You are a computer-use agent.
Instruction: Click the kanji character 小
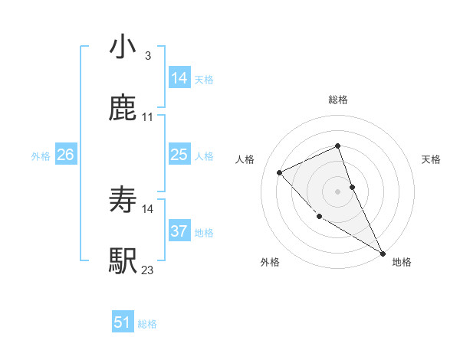point(123,47)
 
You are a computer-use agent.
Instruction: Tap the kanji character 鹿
point(123,109)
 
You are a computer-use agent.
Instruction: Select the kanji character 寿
point(123,201)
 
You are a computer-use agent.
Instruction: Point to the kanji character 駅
point(123,261)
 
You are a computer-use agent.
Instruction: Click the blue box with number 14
point(179,77)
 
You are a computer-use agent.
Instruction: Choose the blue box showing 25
point(179,155)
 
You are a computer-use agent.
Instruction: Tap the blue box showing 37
point(179,231)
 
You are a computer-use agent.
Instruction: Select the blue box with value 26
point(66,155)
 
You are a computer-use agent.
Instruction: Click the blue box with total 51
point(123,322)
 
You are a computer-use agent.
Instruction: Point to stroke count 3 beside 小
point(147,56)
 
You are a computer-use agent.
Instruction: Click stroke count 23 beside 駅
point(147,270)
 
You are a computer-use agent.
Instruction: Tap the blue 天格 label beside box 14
point(204,79)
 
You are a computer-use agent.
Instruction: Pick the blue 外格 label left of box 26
point(41,156)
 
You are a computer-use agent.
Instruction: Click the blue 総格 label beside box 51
point(147,324)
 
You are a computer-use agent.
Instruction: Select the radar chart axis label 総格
point(338,100)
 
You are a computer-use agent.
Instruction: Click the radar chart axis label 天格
point(432,159)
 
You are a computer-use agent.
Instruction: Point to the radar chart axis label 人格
point(245,159)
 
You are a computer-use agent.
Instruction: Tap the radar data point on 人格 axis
point(280,172)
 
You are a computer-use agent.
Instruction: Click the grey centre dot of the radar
point(338,191)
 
